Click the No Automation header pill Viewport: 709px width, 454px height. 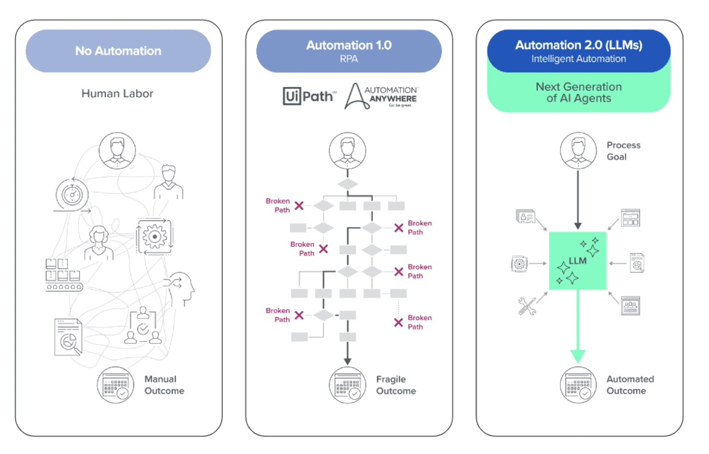[x=118, y=51]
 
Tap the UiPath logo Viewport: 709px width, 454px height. [x=309, y=95]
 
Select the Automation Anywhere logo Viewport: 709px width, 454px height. [x=382, y=96]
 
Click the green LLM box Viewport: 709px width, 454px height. [x=577, y=261]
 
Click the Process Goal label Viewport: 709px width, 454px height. [x=623, y=151]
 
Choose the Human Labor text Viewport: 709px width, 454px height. [x=117, y=94]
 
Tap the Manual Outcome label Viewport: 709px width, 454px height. [x=164, y=385]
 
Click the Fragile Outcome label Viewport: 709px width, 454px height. [x=396, y=385]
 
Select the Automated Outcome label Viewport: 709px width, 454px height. [x=630, y=385]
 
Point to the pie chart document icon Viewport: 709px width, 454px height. [x=68, y=337]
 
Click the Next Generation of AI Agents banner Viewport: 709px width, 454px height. [x=579, y=92]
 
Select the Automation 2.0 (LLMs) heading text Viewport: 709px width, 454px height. [x=579, y=45]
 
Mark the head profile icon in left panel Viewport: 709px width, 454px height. [x=182, y=287]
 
